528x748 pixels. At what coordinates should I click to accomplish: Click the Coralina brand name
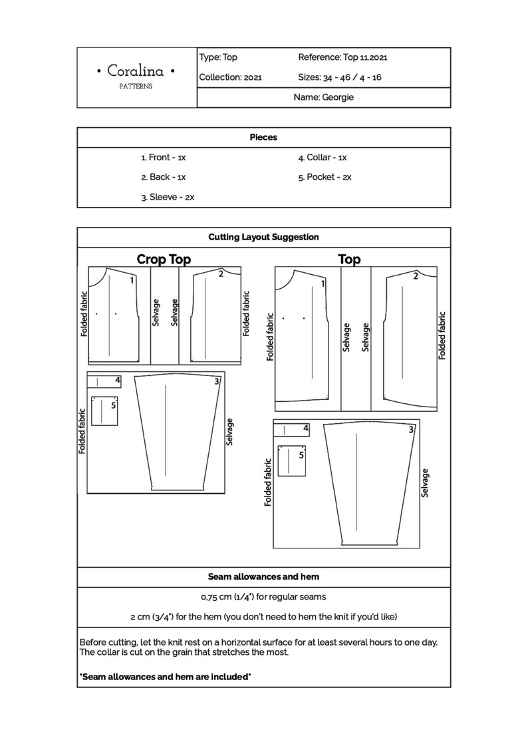[136, 71]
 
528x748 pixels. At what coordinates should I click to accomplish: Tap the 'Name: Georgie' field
[324, 97]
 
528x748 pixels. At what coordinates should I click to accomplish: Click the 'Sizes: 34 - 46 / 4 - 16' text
[340, 77]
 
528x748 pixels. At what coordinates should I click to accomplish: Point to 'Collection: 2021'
[230, 77]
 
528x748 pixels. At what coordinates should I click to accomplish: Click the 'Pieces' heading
[263, 137]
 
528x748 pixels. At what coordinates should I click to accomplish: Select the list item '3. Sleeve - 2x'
[168, 197]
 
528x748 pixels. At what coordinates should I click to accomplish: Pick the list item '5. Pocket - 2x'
[325, 178]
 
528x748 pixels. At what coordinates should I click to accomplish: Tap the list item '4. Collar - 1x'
[323, 158]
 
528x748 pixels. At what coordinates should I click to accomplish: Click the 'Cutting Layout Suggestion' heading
[263, 236]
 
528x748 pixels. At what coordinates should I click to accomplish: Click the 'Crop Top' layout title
[164, 260]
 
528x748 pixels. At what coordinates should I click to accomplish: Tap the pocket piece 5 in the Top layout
[293, 460]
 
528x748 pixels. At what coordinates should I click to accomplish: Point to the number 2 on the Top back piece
[416, 276]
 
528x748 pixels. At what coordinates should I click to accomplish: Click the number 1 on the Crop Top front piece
[132, 280]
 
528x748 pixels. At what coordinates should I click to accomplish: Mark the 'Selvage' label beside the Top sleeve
[425, 482]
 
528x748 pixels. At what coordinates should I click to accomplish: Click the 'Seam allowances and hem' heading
[263, 576]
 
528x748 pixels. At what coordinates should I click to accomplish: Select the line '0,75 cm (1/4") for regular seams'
[263, 596]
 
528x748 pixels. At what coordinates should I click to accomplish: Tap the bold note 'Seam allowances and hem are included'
[165, 677]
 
